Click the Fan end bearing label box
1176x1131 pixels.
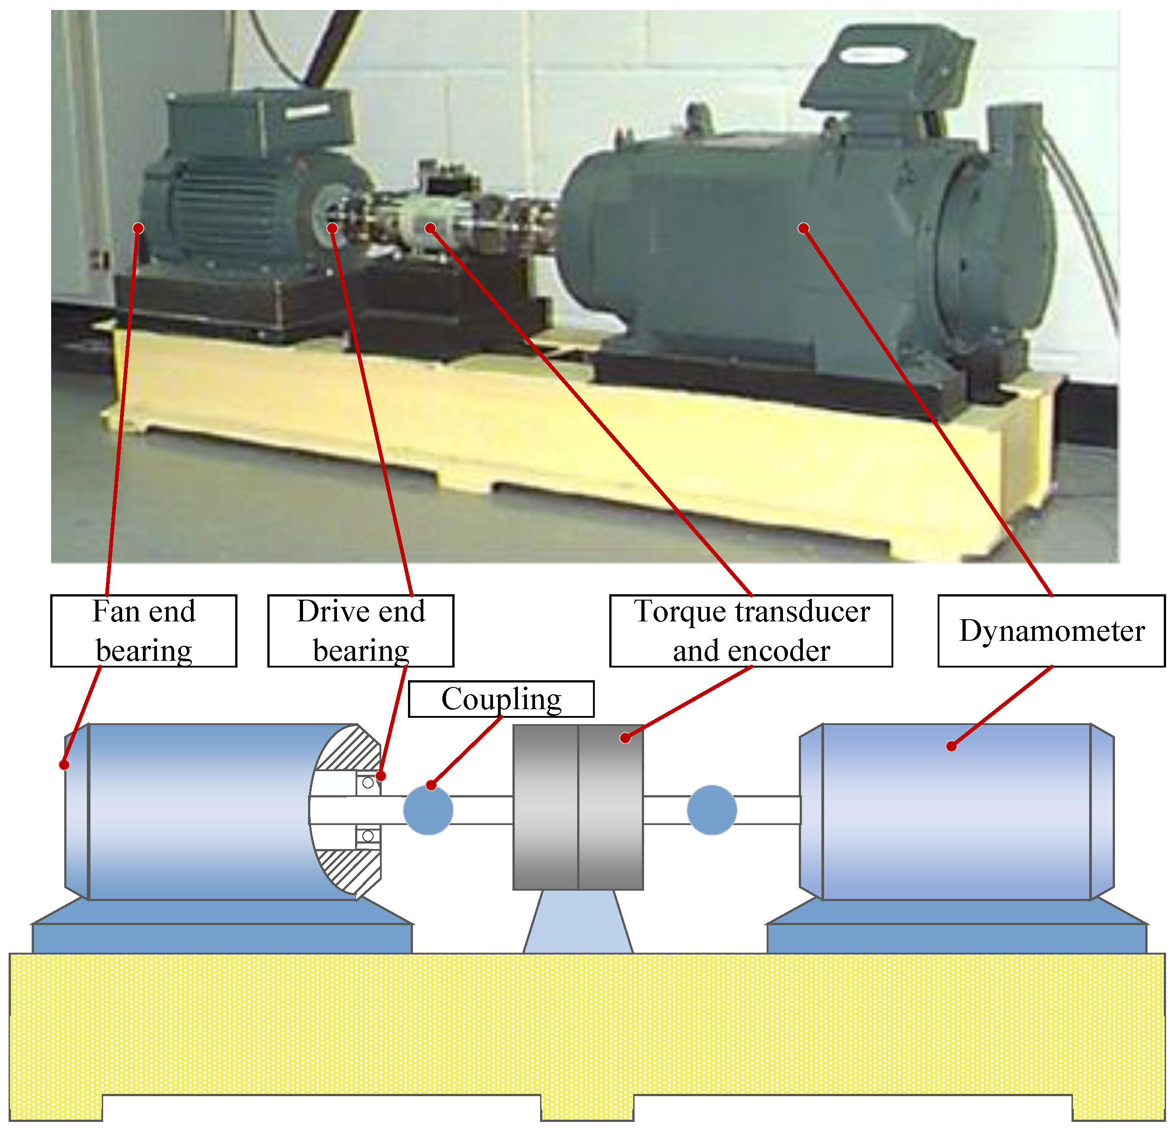click(143, 631)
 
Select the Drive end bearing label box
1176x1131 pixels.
click(360, 631)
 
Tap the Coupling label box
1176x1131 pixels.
click(501, 699)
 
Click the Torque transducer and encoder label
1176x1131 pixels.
click(751, 631)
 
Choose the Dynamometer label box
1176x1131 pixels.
click(1051, 631)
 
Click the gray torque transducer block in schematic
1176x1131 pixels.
click(578, 807)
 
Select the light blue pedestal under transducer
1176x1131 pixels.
click(578, 921)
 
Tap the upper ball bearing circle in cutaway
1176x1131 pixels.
click(368, 783)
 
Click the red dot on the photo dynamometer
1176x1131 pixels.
click(803, 228)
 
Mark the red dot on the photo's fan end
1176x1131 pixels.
click(138, 228)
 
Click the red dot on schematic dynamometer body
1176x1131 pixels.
click(951, 746)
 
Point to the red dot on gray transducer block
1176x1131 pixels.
click(625, 738)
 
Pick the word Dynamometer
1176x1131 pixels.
click(1051, 631)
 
